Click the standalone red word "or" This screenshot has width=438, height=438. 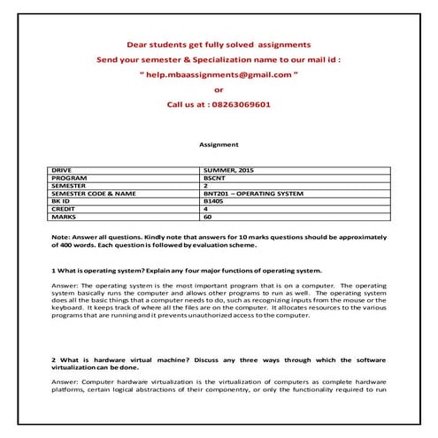pos(219,88)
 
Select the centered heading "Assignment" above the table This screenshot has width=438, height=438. pos(219,143)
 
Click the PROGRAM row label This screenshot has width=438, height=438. pos(68,176)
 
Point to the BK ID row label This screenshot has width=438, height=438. pos(61,200)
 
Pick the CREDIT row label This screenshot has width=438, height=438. pos(64,208)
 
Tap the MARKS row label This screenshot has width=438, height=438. pos(63,216)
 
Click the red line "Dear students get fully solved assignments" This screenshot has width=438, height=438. pos(219,43)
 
